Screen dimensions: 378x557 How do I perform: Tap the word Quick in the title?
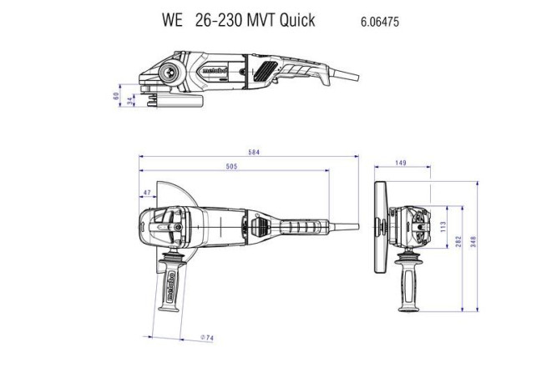(293, 19)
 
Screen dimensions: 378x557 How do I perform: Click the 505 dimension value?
(231, 168)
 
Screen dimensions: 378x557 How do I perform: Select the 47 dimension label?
(148, 193)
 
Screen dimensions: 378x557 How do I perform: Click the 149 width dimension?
(402, 164)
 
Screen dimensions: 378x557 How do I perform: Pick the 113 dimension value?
(445, 224)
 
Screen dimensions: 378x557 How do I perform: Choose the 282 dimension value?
(457, 242)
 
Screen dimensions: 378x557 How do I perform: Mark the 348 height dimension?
(473, 242)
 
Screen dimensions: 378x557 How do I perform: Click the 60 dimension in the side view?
(116, 95)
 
